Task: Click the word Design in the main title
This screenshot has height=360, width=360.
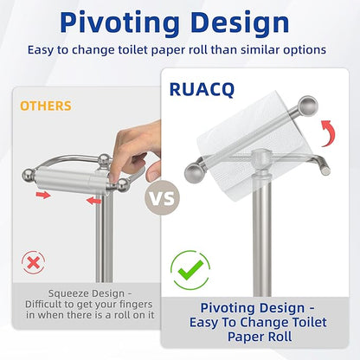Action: [244, 21]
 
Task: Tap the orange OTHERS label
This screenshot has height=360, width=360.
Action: [45, 106]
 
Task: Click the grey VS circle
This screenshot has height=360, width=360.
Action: [164, 197]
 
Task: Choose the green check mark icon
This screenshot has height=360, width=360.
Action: [191, 269]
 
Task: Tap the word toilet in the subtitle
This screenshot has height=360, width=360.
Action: [161, 50]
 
